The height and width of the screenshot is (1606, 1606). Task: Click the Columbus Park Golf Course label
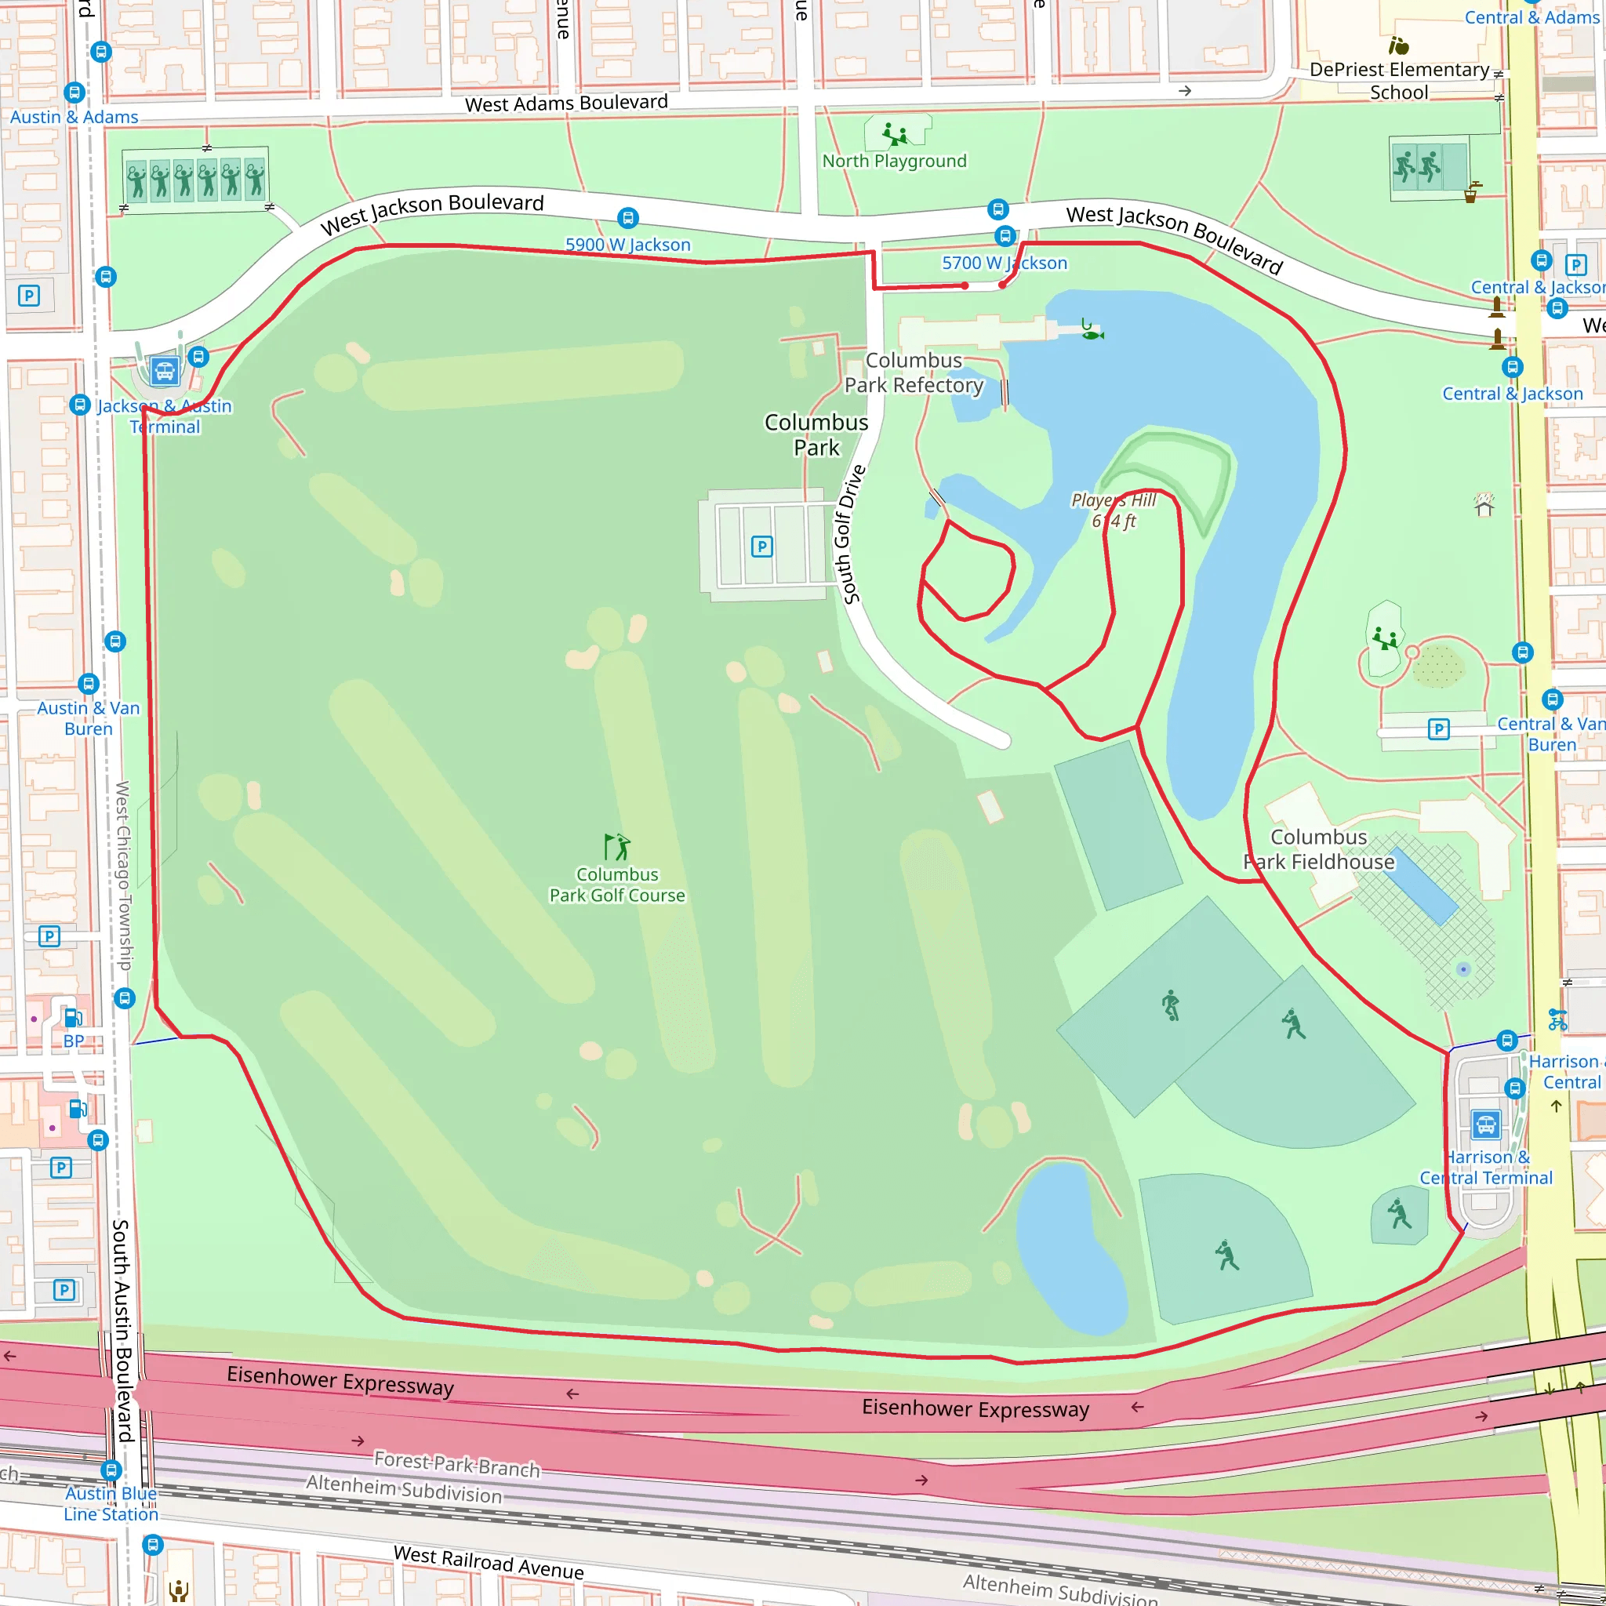tap(617, 885)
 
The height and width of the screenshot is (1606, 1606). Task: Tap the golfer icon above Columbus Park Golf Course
tap(617, 846)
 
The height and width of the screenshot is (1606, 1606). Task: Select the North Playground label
tap(895, 162)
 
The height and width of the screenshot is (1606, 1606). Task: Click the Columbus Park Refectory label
tap(914, 372)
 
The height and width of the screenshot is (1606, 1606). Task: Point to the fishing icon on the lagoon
tap(1091, 330)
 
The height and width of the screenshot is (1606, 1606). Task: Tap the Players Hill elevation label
tap(1113, 511)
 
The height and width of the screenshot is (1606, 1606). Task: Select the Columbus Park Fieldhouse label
tap(1318, 848)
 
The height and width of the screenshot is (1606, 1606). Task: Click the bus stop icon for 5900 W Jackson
tap(627, 219)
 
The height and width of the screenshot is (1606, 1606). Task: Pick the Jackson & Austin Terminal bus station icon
tap(165, 371)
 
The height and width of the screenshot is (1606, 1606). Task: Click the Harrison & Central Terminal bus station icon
tap(1485, 1124)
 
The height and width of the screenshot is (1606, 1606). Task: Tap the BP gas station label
tap(74, 1041)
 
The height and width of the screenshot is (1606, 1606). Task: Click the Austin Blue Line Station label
tap(111, 1503)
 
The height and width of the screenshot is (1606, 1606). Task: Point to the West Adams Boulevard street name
tap(566, 103)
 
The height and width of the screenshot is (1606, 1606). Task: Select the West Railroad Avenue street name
tap(488, 1562)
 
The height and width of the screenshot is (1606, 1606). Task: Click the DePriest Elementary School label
tap(1399, 81)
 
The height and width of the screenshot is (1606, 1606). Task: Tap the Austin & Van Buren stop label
tap(88, 718)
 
